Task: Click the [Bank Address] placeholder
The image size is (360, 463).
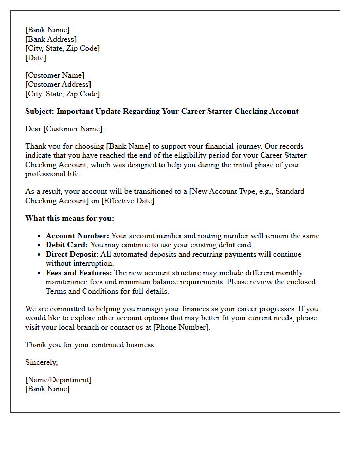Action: click(51, 39)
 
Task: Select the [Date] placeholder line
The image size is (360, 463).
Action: click(35, 58)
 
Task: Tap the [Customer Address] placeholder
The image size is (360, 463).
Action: click(58, 84)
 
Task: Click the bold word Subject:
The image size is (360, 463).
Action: click(40, 111)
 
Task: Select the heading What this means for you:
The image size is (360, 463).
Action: click(69, 218)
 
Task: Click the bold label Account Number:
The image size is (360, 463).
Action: click(77, 236)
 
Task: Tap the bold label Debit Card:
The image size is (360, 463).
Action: click(66, 245)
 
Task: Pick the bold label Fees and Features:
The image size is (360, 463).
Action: click(79, 273)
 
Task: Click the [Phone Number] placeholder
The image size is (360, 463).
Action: click(181, 327)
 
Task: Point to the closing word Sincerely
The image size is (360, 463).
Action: click(41, 362)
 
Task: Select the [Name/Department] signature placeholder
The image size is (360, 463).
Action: click(58, 380)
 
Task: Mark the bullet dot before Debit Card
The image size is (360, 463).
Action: click(40, 245)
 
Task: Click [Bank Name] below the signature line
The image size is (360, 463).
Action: click(47, 389)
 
